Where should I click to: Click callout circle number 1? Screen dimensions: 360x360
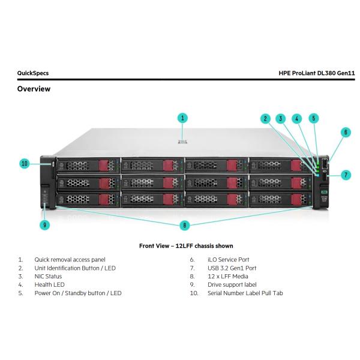(183, 118)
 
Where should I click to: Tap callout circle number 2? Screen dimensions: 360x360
(265, 118)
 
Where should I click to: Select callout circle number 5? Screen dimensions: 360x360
(314, 118)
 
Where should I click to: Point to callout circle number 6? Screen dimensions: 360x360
(346, 131)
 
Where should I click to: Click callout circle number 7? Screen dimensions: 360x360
(346, 175)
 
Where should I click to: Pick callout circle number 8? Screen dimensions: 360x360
(185, 225)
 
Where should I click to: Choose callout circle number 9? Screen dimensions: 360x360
(46, 225)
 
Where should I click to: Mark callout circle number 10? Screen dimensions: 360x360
(25, 163)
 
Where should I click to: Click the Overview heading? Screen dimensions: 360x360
(34, 89)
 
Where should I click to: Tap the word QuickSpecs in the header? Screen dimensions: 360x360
(33, 73)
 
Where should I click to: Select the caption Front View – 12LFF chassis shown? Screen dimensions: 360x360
(186, 246)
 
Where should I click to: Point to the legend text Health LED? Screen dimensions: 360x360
(49, 284)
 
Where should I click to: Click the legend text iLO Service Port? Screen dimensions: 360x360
(228, 259)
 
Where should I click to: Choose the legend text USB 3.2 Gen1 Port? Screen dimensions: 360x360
(232, 268)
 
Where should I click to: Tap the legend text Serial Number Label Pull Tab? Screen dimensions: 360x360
(245, 293)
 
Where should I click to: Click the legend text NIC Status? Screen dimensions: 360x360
(48, 276)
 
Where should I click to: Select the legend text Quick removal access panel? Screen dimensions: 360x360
(70, 259)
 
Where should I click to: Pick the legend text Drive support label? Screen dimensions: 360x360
(231, 284)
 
